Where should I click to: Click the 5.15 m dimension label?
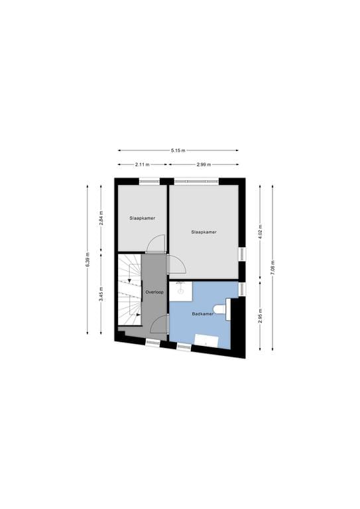[178, 150]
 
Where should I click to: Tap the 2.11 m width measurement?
[142, 164]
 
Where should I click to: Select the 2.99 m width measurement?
[204, 164]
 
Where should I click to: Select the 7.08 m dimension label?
[272, 268]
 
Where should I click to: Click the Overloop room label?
[154, 291]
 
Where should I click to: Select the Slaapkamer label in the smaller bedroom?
[141, 217]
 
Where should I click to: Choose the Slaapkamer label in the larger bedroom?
[204, 232]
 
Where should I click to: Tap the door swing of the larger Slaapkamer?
[177, 264]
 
